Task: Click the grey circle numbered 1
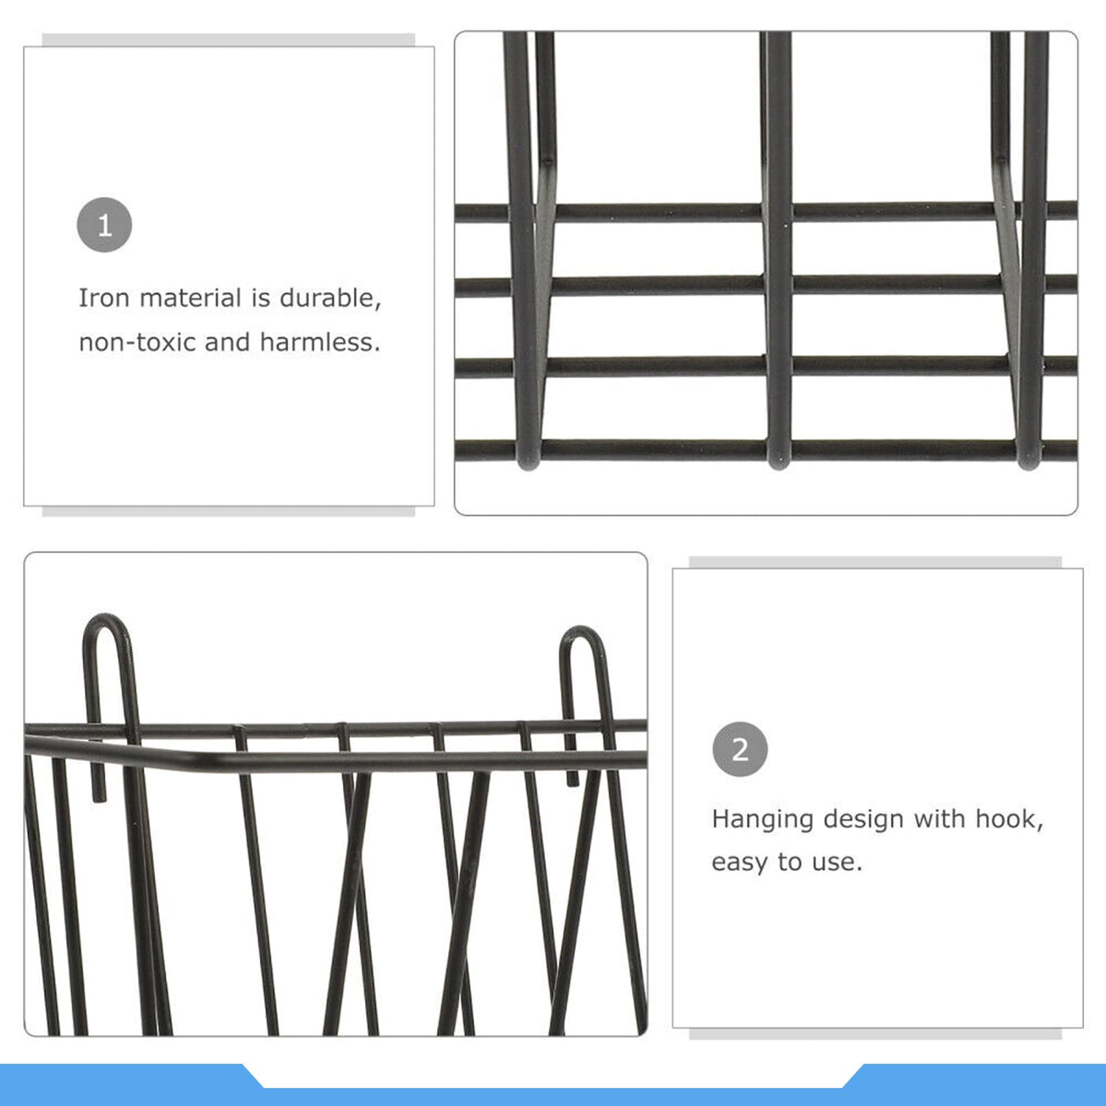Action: click(x=104, y=225)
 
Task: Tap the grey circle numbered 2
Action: click(x=739, y=749)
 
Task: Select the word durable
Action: click(x=330, y=299)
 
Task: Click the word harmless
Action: click(x=320, y=343)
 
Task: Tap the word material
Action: click(x=190, y=299)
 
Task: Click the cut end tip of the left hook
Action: click(x=100, y=799)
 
